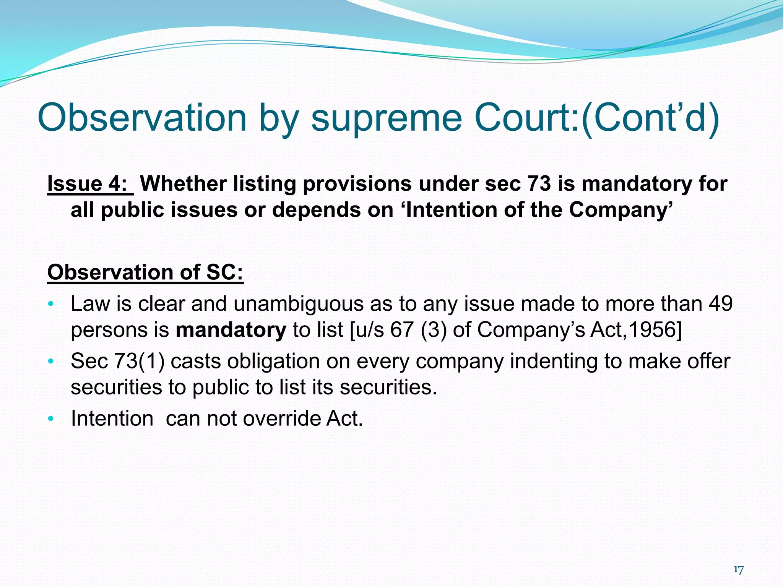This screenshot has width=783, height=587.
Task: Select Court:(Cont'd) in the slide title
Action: point(597,118)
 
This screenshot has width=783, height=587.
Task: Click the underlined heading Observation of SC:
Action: point(145,272)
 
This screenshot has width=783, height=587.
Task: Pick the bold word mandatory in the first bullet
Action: point(231,330)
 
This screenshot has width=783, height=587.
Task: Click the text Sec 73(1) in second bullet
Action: point(118,361)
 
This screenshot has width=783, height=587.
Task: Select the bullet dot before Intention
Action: point(51,419)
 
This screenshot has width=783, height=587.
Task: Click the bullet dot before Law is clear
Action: point(51,305)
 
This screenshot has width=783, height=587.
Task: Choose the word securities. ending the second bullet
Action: point(388,387)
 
